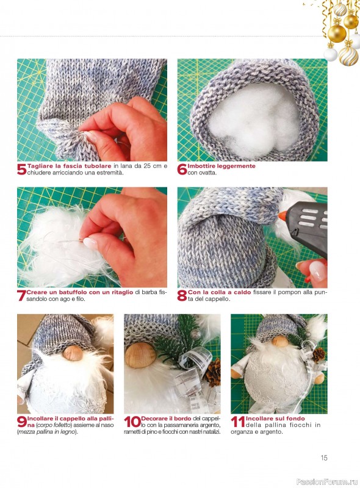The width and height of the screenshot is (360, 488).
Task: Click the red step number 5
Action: [22, 170]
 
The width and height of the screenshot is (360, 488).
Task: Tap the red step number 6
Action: [182, 170]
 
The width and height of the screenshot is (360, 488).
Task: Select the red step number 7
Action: [21, 296]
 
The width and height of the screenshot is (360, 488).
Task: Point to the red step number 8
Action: [182, 296]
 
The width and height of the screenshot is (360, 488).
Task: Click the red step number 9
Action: [22, 422]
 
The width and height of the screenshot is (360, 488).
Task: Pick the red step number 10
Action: [132, 422]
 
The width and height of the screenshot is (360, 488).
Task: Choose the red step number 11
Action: [238, 422]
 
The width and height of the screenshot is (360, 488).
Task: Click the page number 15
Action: [324, 457]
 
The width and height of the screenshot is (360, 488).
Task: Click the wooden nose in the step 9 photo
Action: [73, 353]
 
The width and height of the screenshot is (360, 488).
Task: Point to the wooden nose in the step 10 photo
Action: [140, 356]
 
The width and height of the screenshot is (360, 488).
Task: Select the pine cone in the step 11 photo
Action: [319, 355]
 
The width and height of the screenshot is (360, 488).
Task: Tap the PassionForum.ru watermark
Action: [327, 482]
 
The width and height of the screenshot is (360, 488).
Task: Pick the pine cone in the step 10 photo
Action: [214, 373]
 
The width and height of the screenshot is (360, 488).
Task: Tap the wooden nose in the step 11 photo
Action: [280, 341]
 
